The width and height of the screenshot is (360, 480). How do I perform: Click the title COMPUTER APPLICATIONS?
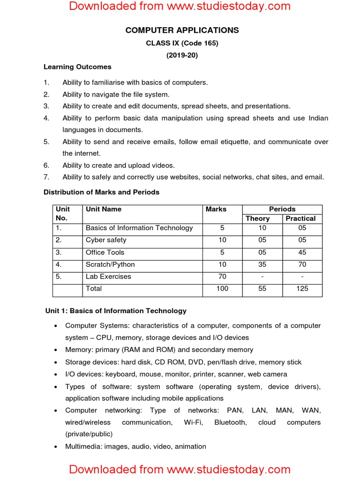(x=182, y=30)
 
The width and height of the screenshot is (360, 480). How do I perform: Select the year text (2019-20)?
(x=182, y=55)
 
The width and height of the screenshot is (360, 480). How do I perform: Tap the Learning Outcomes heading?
(x=77, y=67)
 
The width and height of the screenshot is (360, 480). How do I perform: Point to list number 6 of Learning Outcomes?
(x=46, y=165)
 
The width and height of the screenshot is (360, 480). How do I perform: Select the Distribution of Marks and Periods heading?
(x=101, y=192)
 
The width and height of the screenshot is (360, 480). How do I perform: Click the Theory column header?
(x=257, y=218)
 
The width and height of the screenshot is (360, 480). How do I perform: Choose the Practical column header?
(x=300, y=218)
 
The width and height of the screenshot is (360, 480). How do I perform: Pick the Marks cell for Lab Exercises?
(x=222, y=277)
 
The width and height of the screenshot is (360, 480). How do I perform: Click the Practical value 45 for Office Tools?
(x=302, y=252)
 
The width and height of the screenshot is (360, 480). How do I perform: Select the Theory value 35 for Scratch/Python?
(x=262, y=264)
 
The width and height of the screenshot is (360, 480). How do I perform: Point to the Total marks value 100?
(x=222, y=289)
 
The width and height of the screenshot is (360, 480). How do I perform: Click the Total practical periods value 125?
(x=302, y=289)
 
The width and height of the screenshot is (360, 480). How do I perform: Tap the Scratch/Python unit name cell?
(x=108, y=264)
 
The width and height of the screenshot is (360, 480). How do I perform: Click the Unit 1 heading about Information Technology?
(x=116, y=311)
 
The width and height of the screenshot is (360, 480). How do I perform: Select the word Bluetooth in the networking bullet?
(x=230, y=422)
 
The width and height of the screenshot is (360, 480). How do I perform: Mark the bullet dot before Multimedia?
(x=56, y=447)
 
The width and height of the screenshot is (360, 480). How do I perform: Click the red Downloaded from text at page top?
(x=180, y=7)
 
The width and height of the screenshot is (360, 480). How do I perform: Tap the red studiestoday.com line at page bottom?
(x=180, y=469)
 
